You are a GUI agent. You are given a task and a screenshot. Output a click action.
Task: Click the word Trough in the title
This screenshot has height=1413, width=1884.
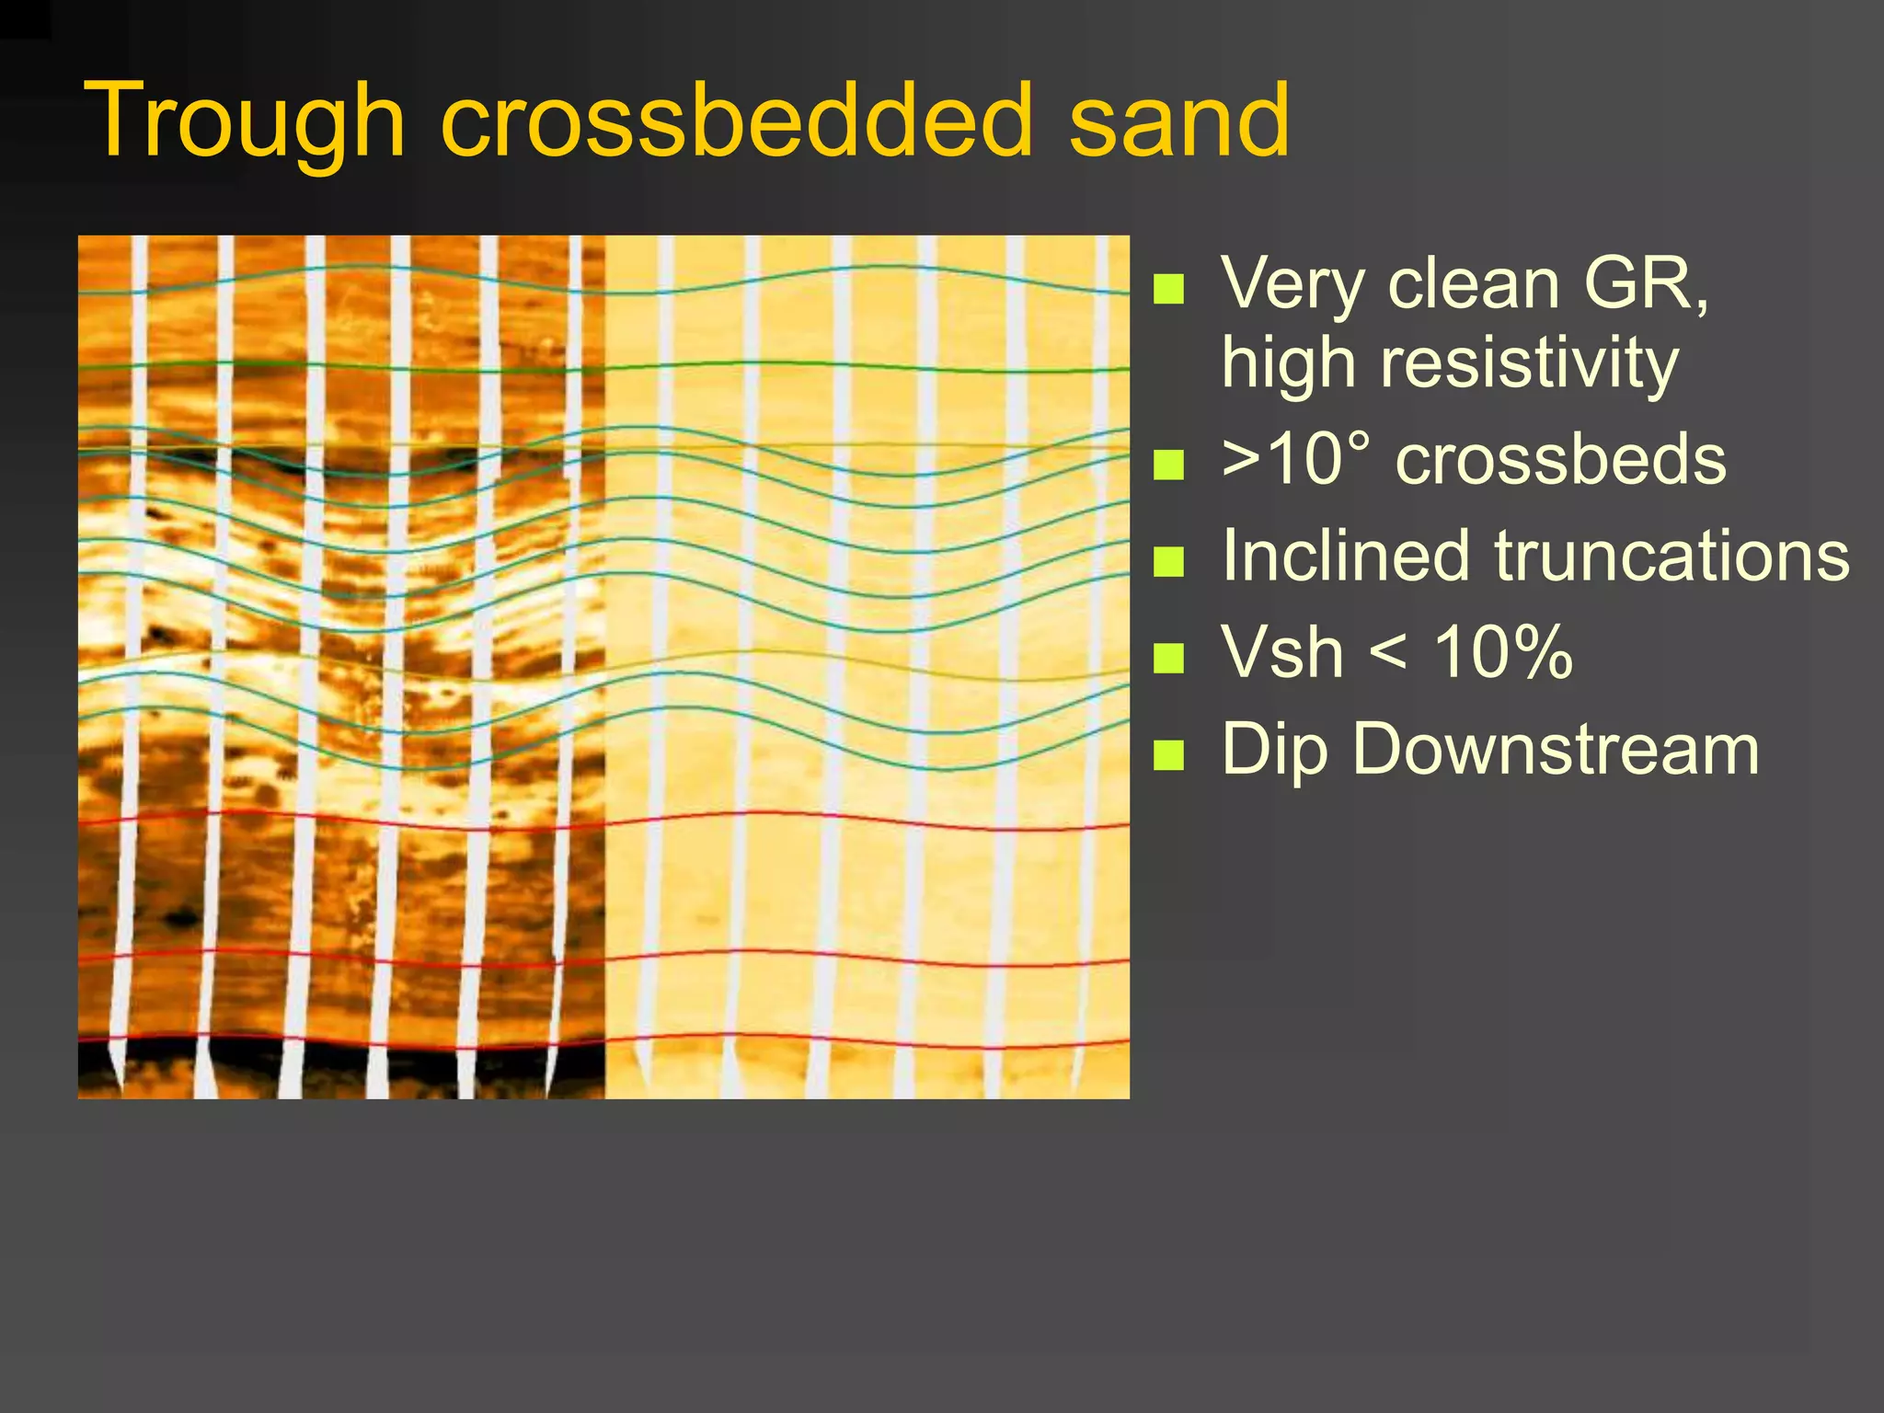(244, 121)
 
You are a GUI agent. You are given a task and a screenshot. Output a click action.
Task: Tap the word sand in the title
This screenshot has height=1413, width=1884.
(1179, 121)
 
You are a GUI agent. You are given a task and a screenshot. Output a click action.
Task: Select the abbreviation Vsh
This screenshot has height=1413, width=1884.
(1282, 652)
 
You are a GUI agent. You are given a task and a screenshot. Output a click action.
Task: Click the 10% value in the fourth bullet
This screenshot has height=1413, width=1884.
(1503, 652)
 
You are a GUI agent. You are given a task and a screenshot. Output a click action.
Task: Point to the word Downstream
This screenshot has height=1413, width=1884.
(1555, 749)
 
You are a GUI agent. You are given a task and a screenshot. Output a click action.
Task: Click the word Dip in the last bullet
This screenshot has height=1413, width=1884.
(1275, 751)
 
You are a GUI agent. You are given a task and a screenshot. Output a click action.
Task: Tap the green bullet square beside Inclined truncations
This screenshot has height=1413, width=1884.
(1168, 561)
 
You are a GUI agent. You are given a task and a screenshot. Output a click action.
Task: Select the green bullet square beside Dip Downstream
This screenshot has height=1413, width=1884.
(1168, 754)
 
